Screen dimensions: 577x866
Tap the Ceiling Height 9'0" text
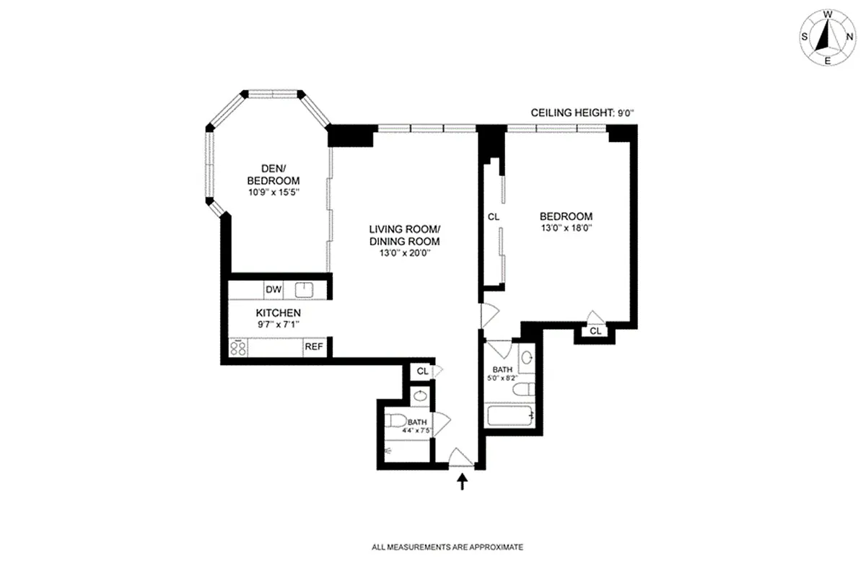click(582, 113)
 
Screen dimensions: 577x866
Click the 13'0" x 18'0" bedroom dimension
click(567, 229)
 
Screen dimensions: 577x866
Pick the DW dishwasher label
click(273, 290)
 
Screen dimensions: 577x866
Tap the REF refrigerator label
click(313, 347)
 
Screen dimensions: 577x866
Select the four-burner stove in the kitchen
click(238, 348)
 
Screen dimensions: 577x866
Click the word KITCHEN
click(278, 313)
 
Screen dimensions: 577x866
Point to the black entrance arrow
click(463, 481)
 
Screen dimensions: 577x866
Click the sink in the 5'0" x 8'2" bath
click(527, 357)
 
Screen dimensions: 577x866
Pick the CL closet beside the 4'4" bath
click(421, 371)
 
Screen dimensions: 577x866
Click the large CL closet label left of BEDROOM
click(494, 216)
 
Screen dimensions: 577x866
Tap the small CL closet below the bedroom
click(595, 332)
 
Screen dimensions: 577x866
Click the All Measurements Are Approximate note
click(447, 547)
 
